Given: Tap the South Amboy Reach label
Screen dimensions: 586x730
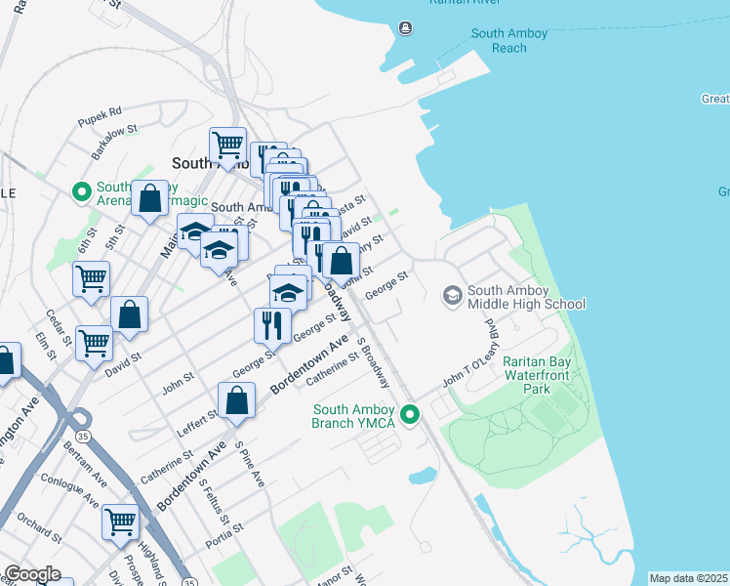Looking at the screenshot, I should [x=509, y=40].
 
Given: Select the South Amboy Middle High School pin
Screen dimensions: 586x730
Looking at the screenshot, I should [x=452, y=293].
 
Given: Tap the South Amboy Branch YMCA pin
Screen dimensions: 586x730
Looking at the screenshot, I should [x=411, y=416].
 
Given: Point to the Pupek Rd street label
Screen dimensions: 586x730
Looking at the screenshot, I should [x=101, y=112].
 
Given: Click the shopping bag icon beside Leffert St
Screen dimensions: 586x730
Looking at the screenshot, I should [x=236, y=399].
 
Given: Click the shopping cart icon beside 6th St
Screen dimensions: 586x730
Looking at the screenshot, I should [x=91, y=278].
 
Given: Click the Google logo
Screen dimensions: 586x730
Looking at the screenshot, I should [x=32, y=574].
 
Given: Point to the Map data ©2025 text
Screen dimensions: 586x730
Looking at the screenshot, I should [x=689, y=578].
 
